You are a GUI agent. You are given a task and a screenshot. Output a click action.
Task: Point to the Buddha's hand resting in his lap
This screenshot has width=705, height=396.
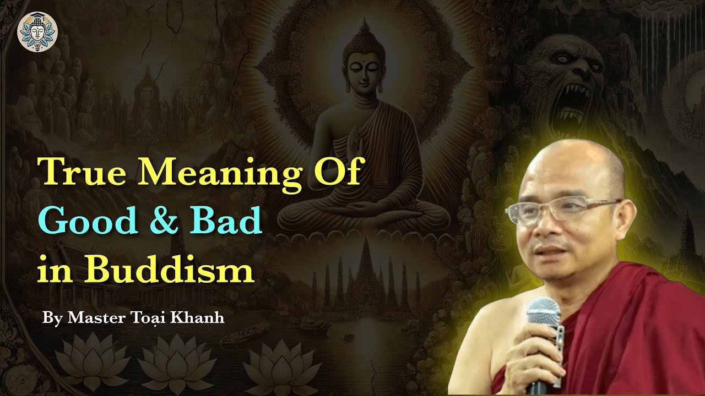pos(361,207)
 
